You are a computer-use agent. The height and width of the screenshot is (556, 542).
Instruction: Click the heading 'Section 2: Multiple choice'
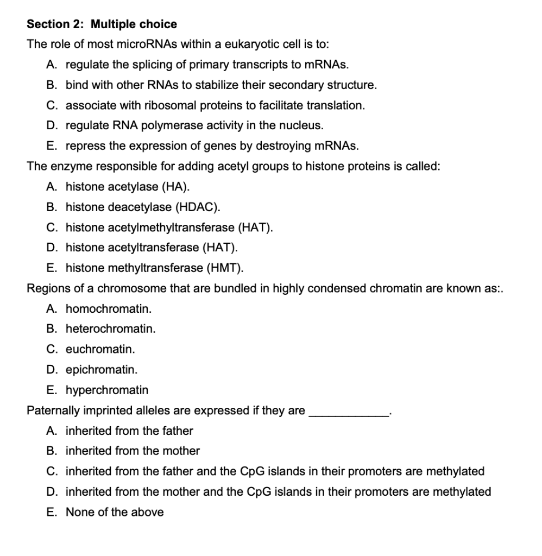tap(102, 24)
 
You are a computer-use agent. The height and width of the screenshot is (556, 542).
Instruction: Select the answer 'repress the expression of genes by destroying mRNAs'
tap(212, 146)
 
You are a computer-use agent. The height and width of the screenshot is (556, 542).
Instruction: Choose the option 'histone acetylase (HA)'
tap(128, 187)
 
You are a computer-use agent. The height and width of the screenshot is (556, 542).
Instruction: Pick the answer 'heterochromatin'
tap(110, 328)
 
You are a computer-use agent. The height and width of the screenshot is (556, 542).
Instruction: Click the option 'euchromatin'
tap(100, 349)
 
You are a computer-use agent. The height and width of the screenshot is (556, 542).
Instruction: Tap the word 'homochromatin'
tap(109, 308)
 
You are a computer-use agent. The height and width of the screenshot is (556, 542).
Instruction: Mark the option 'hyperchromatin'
tap(107, 390)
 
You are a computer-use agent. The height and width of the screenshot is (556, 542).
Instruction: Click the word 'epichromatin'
tap(102, 369)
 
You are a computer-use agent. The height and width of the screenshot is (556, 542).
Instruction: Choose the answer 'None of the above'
tap(115, 512)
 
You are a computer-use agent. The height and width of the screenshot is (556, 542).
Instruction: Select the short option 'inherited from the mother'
tap(133, 451)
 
